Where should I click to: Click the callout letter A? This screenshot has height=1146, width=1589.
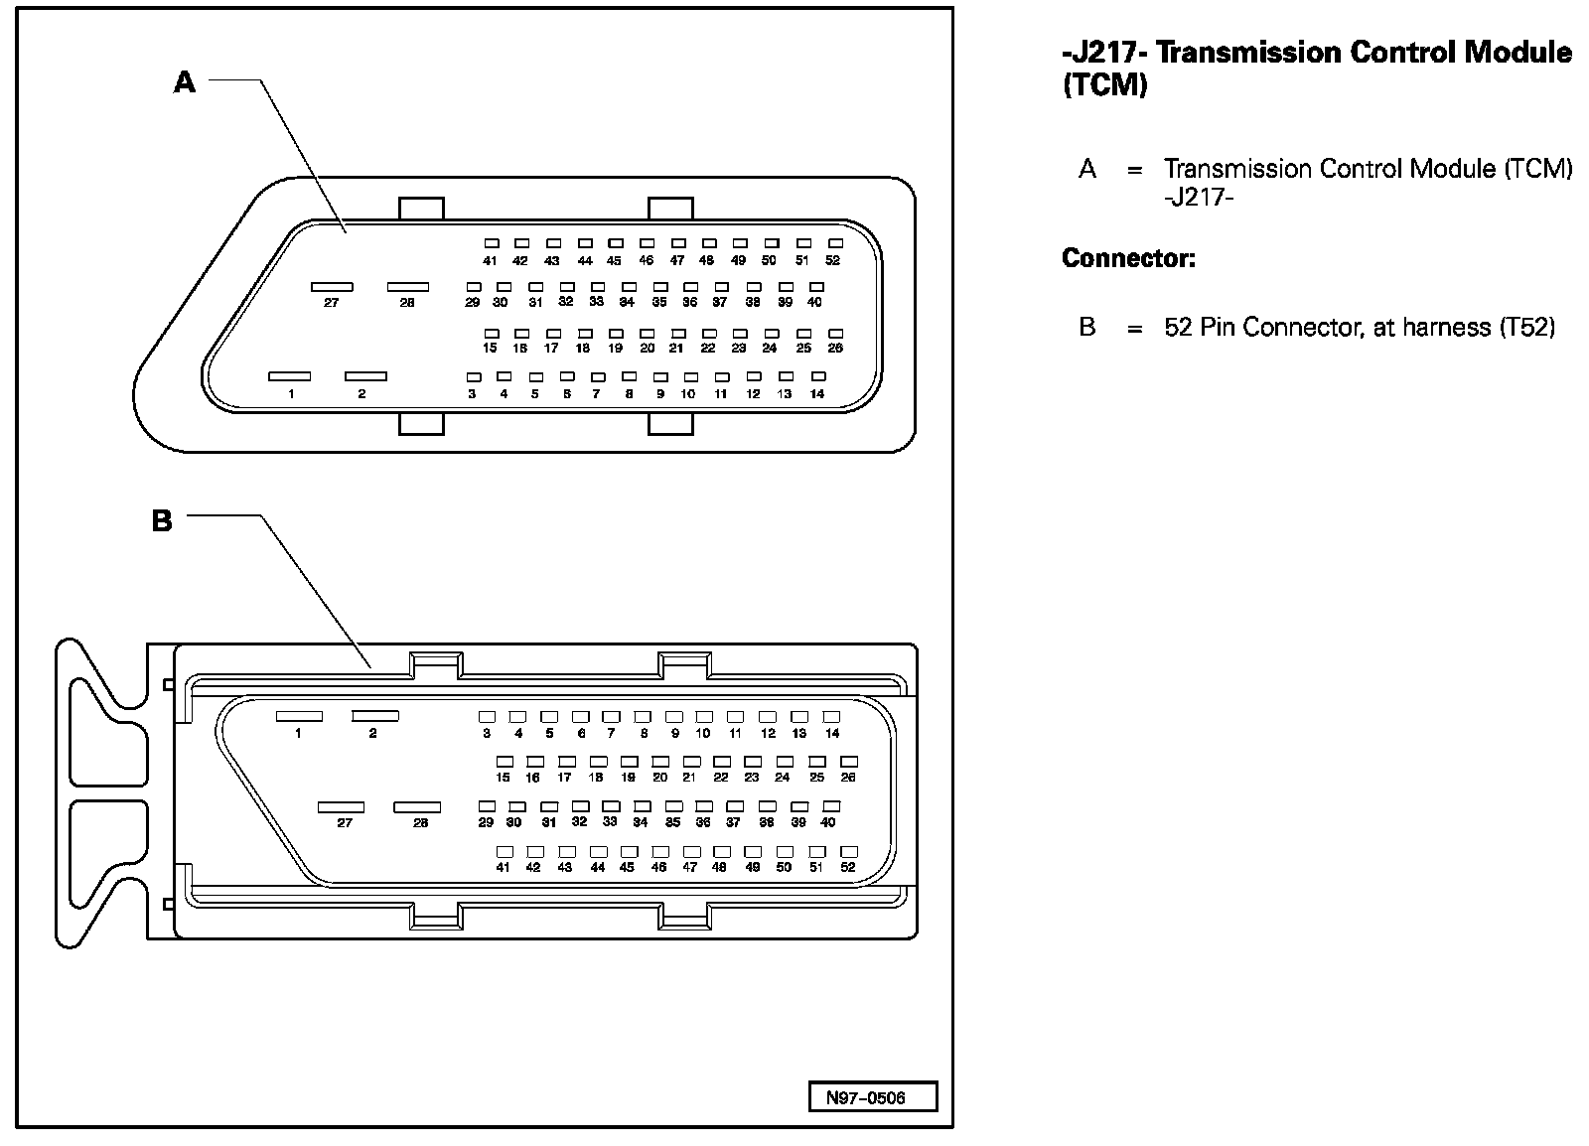click(x=185, y=82)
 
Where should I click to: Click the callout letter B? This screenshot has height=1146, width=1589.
click(x=162, y=520)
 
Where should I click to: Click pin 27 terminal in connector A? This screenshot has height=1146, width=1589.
click(x=332, y=286)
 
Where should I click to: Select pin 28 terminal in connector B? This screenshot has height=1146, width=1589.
click(x=417, y=807)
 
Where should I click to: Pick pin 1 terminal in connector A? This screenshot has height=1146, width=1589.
click(x=290, y=376)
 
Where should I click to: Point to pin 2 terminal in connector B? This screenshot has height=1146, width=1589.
click(x=375, y=716)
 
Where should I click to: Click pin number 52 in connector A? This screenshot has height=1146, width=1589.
click(x=832, y=261)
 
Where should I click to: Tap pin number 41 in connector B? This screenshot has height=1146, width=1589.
click(x=504, y=867)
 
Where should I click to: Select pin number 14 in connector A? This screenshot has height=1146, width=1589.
click(x=817, y=394)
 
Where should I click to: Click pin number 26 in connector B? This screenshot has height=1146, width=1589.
click(x=848, y=778)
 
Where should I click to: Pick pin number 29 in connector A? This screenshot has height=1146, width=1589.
click(x=473, y=303)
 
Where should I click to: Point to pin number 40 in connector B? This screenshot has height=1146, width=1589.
click(x=828, y=822)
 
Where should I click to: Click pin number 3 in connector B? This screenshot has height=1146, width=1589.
click(x=487, y=734)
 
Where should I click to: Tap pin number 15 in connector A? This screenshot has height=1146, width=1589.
click(x=490, y=349)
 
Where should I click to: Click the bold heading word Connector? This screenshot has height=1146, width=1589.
click(x=1128, y=259)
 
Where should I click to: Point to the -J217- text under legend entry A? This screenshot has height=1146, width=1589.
click(x=1198, y=198)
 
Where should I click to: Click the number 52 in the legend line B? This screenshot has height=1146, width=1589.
click(x=1178, y=327)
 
